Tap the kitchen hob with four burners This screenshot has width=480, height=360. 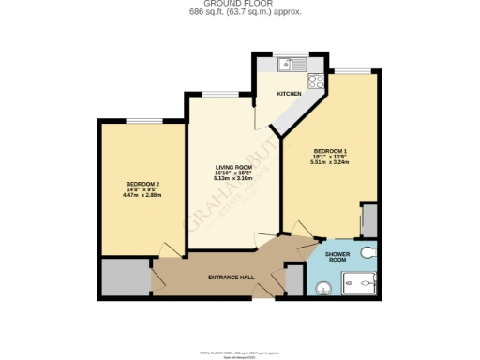point(316,81)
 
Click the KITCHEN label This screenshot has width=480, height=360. point(288,95)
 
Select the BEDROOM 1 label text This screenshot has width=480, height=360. point(330,152)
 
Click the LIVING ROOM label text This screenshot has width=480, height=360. point(234,166)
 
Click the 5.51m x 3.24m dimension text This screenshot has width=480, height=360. point(330,163)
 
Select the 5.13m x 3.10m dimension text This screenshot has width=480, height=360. point(234,179)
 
